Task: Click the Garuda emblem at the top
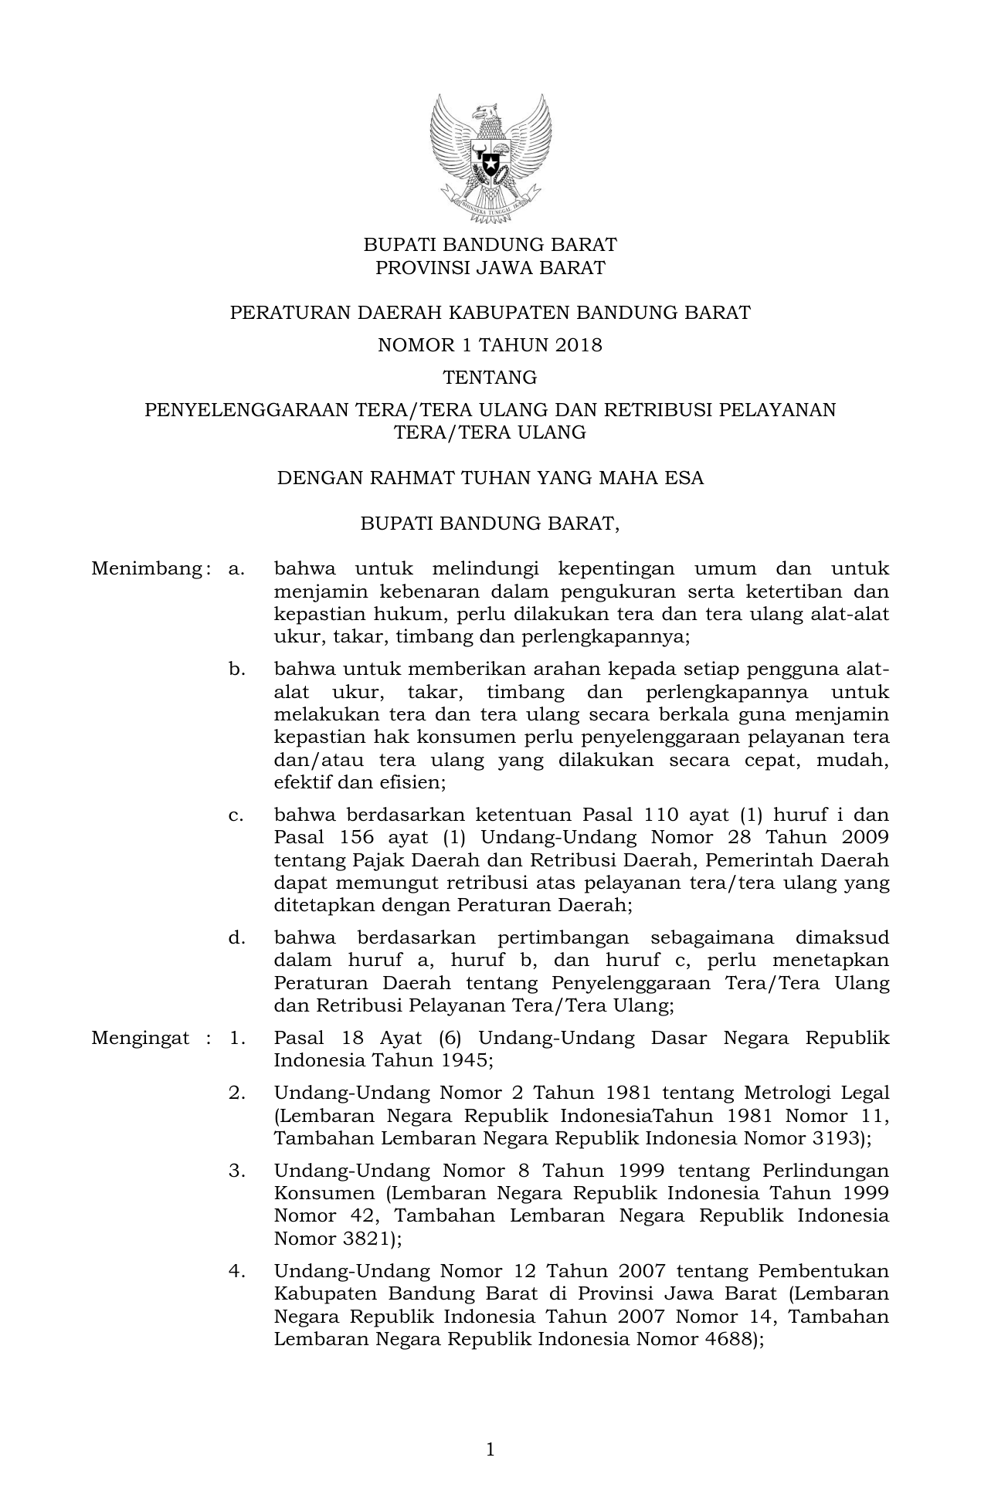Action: (490, 158)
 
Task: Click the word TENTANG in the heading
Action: (490, 378)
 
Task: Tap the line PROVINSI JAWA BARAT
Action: (490, 268)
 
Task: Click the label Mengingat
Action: (140, 1038)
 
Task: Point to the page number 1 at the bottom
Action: (490, 1449)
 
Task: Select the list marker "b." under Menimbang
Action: (236, 669)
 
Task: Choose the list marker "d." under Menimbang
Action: (236, 938)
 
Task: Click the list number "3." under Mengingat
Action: (236, 1171)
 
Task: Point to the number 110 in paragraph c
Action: (650, 815)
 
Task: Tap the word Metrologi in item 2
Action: (788, 1093)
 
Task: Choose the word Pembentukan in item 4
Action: (823, 1272)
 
